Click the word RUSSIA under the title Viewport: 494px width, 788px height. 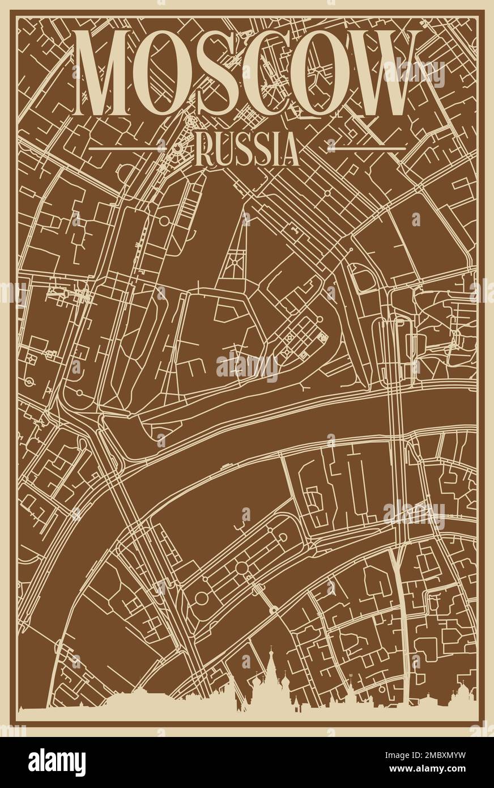(247, 150)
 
